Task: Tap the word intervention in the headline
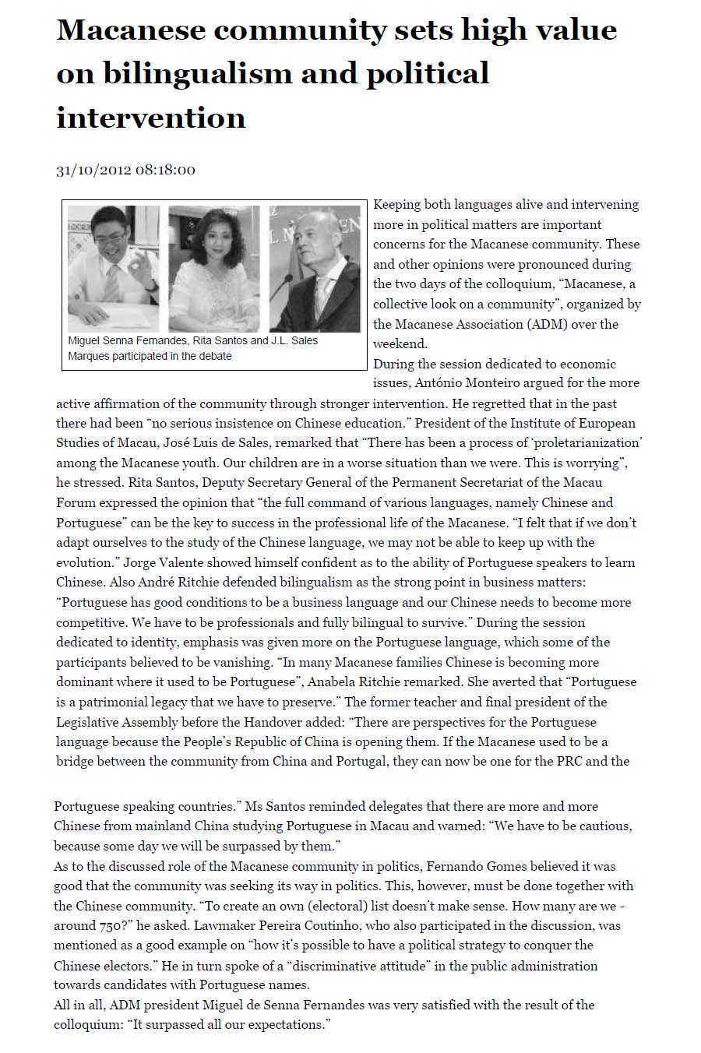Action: pyautogui.click(x=151, y=118)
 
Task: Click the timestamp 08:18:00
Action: pyautogui.click(x=165, y=170)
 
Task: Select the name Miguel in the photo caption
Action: pyautogui.click(x=86, y=340)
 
